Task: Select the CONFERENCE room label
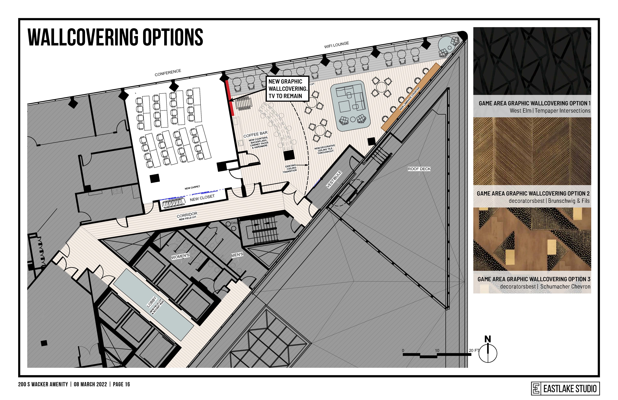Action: (x=168, y=73)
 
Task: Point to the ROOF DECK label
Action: (x=419, y=169)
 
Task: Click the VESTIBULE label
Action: (x=334, y=179)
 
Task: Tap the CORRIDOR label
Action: (x=187, y=215)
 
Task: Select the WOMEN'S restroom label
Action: (x=180, y=256)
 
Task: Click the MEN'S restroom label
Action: (x=237, y=255)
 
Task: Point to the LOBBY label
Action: (x=152, y=302)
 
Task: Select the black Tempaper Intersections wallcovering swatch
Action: (x=532, y=61)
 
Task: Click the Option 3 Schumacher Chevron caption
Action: (x=534, y=283)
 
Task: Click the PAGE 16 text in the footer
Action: (x=121, y=384)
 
